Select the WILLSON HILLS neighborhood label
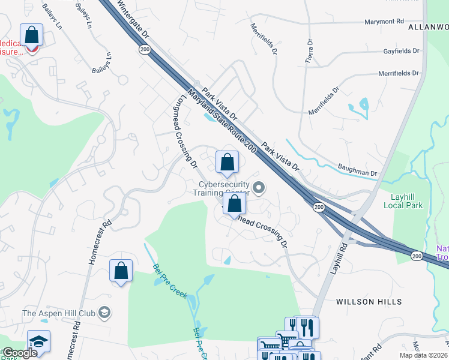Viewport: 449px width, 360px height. click(x=369, y=302)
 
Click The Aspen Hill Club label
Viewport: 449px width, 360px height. click(x=59, y=313)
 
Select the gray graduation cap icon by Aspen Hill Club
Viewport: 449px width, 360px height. click(x=104, y=312)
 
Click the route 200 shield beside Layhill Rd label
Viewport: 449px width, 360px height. click(x=318, y=207)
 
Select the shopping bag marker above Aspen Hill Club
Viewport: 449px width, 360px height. click(x=121, y=271)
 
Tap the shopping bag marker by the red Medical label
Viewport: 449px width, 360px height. click(x=31, y=36)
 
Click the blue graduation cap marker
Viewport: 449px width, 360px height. click(x=39, y=341)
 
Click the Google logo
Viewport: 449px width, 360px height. click(x=20, y=353)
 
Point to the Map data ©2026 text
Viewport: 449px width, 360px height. click(x=423, y=355)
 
